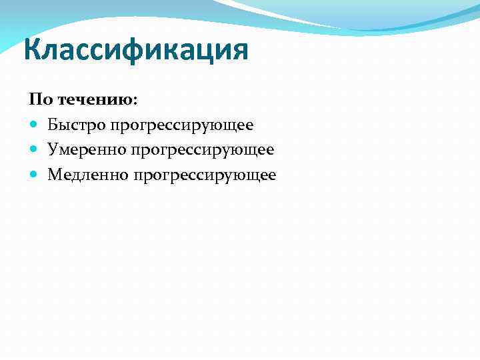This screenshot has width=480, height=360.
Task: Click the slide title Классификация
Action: [x=135, y=51]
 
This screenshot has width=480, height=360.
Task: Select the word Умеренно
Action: [x=87, y=150]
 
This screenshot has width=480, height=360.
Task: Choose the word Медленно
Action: [x=87, y=175]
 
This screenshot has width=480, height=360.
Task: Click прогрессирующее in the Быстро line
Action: [x=182, y=126]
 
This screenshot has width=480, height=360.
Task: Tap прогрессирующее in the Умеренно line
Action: [x=202, y=151]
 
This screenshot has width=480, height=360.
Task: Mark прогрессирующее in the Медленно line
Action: [x=204, y=176]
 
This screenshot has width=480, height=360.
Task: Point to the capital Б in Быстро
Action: [x=52, y=125]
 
